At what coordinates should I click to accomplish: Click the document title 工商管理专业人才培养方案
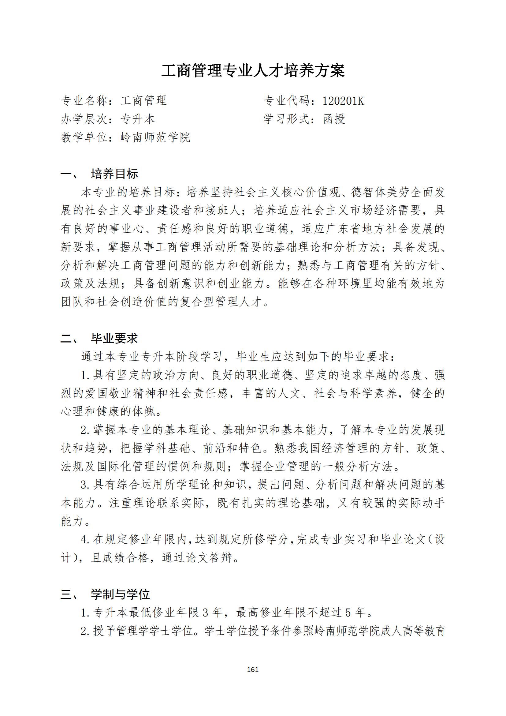[x=253, y=71]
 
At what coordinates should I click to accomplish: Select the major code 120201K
[x=343, y=101]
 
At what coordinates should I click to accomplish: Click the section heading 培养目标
[x=114, y=174]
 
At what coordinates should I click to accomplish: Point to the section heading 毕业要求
[x=114, y=338]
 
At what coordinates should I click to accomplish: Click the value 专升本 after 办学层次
[x=138, y=119]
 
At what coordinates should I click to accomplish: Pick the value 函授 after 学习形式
[x=334, y=119]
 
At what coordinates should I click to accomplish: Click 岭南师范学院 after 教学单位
[x=155, y=137]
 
